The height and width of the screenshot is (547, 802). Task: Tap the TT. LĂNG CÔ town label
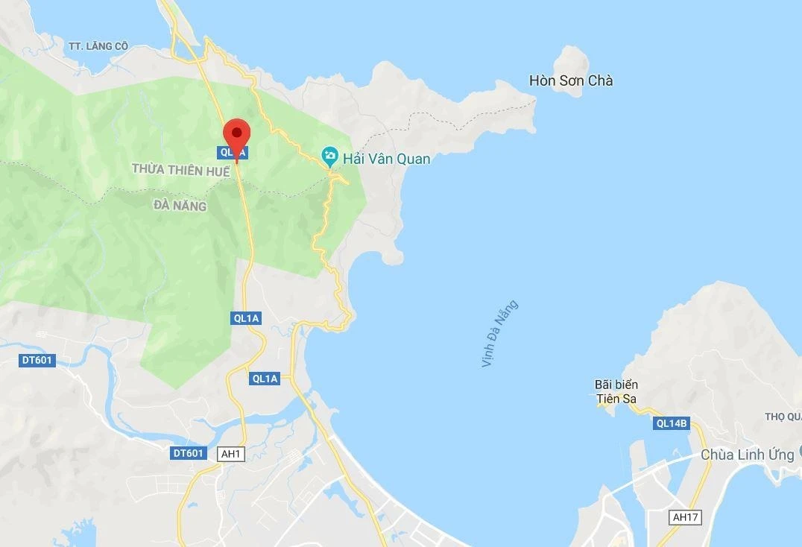tap(98, 46)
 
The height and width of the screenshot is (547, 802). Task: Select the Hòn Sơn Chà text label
tap(571, 80)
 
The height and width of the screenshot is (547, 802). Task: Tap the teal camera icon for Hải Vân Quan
tap(329, 156)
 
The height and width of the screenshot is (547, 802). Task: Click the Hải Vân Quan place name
tap(386, 158)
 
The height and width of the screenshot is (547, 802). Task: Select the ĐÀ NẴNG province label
tap(180, 206)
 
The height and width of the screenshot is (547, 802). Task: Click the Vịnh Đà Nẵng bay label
tap(499, 334)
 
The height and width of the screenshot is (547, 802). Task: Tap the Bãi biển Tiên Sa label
tap(616, 391)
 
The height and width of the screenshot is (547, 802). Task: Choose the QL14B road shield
tap(671, 424)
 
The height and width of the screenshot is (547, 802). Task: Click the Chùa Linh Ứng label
tap(748, 455)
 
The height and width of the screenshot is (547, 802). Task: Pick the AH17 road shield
tap(686, 517)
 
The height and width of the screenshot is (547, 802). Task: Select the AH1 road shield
tap(231, 453)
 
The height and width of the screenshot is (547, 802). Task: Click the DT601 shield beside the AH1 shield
tap(189, 453)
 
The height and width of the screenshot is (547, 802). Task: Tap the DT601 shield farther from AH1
tap(37, 361)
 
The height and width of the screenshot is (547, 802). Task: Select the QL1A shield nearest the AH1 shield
tap(265, 379)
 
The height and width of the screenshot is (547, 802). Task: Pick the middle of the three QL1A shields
tap(246, 318)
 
